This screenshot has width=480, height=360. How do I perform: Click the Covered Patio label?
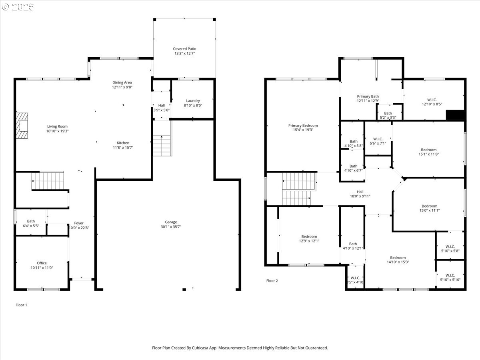184,49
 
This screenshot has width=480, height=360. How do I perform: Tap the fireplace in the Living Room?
22,126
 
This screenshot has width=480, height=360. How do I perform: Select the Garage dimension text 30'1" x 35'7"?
171,227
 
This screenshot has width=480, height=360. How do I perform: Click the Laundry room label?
193,101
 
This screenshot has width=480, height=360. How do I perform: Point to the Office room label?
42,263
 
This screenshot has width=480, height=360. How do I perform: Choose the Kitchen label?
123,143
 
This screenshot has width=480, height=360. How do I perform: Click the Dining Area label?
122,82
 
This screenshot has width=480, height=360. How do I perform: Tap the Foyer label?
79,223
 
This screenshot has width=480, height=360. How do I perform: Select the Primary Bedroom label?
303,126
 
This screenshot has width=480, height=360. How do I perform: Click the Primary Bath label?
368,96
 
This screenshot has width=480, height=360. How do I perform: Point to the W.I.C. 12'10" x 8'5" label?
432,102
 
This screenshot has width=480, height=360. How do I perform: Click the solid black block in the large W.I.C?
455,115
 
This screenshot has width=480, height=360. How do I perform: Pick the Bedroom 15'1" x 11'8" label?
429,152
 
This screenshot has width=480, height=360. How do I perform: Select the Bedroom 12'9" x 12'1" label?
309,239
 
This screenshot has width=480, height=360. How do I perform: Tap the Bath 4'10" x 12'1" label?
353,246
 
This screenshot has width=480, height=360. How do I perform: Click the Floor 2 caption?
272,281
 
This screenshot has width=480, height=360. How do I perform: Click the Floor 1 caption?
21,305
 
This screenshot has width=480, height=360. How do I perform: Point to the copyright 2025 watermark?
18,7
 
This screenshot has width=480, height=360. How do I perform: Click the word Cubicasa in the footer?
200,348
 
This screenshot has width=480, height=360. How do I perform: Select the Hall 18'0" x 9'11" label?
360,194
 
